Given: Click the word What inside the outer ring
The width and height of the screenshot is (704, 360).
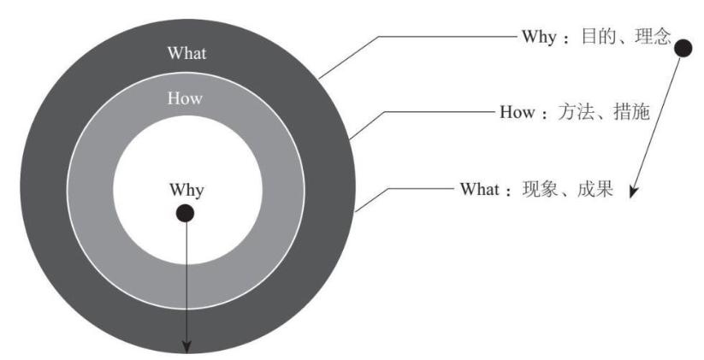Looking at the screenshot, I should point(186,53).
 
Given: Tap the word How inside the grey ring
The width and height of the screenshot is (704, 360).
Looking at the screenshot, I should point(186,98).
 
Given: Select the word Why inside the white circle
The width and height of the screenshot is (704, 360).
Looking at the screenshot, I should point(186,189).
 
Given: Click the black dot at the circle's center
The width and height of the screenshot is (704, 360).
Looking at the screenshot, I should point(185,213).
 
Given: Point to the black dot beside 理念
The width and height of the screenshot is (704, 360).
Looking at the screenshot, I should point(683,50).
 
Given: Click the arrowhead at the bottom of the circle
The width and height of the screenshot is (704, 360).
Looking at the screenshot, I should point(185,345).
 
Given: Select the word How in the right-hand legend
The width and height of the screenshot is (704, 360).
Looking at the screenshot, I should point(517,112).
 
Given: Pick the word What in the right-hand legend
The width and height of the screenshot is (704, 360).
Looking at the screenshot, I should point(478,188).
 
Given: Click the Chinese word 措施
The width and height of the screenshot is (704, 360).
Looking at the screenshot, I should point(632,112).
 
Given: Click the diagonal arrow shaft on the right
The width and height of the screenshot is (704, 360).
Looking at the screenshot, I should point(659,120).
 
